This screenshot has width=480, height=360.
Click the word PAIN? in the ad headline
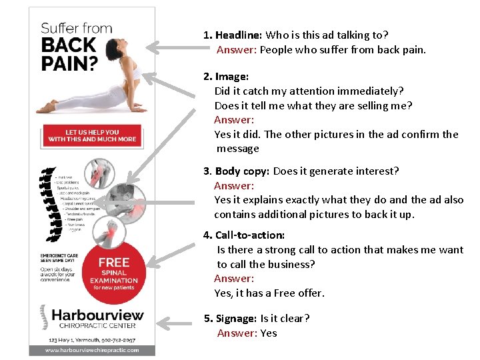click(69, 63)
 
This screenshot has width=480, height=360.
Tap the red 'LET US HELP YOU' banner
click(92, 135)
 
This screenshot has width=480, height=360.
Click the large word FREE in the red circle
click(113, 262)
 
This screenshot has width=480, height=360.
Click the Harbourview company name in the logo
click(97, 314)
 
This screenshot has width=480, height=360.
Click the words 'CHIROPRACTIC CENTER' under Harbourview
click(97, 326)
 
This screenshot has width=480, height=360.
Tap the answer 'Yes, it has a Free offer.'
click(269, 293)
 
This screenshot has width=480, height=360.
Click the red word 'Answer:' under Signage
click(235, 333)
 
